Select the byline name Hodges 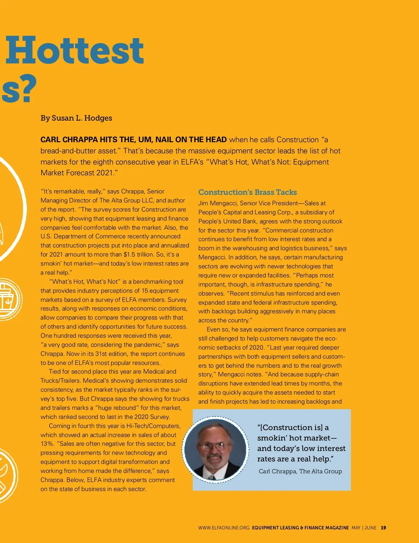pyautogui.click(x=98, y=118)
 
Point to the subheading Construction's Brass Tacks pyautogui.click(x=247, y=192)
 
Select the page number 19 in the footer pyautogui.click(x=383, y=528)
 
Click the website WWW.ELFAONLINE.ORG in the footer pyautogui.click(x=224, y=528)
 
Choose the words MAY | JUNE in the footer pyautogui.click(x=364, y=528)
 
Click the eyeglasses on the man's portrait pyautogui.click(x=214, y=446)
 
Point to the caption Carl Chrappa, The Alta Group pyautogui.click(x=300, y=471)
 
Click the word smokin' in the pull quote pyautogui.click(x=271, y=438)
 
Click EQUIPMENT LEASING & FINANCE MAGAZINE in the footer pyautogui.click(x=300, y=528)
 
